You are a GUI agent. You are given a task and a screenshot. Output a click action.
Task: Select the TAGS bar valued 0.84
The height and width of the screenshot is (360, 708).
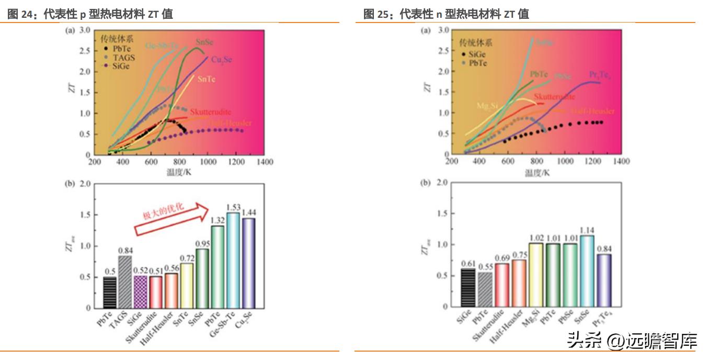[x=124, y=282]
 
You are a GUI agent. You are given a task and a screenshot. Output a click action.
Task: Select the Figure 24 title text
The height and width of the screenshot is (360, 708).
[x=90, y=14]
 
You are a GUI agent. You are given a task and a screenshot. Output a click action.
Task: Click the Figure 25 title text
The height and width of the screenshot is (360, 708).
[x=446, y=14]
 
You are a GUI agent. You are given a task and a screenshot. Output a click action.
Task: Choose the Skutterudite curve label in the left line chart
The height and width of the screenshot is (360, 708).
[x=210, y=112]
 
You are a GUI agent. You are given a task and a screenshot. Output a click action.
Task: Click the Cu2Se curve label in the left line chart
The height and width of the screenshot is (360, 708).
[x=218, y=60]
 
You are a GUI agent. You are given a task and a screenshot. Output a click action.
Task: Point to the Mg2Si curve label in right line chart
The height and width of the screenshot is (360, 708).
[x=486, y=106]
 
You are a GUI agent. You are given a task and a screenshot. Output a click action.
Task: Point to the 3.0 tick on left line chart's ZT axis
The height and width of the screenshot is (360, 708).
[x=85, y=30]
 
